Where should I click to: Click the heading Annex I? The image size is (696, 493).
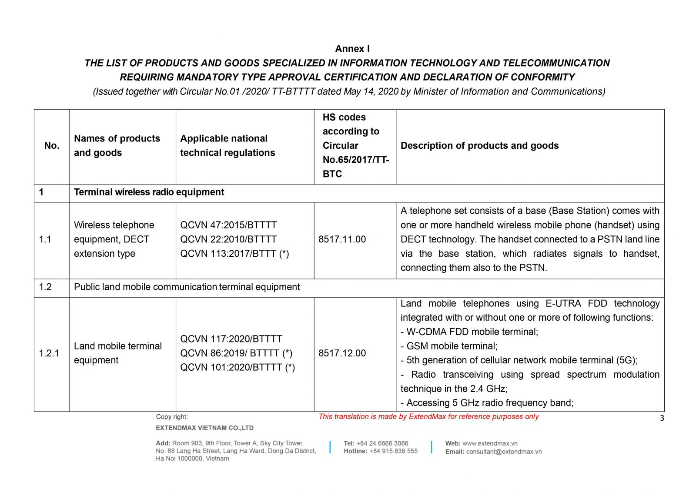[x=352, y=49]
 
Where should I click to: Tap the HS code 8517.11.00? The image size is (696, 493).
[x=342, y=239]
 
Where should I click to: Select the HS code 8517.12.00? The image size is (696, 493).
[x=342, y=353]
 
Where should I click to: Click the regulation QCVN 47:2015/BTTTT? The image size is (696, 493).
[x=228, y=225]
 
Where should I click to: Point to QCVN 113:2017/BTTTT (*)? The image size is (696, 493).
[x=234, y=254]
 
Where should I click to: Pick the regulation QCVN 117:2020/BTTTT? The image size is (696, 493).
[x=231, y=339]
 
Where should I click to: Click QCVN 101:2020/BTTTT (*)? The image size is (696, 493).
[x=238, y=367]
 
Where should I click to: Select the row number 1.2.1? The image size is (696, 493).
[x=49, y=353]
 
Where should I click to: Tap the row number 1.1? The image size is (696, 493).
[x=45, y=239]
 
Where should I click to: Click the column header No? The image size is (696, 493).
[x=52, y=146]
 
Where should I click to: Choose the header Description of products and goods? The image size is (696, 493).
[x=479, y=146]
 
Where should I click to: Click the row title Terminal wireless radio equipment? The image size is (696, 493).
[x=149, y=192]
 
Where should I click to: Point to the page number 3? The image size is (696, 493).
[x=662, y=418]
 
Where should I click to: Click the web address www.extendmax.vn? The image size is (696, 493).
[x=490, y=443]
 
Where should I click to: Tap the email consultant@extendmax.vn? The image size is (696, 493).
[x=504, y=452]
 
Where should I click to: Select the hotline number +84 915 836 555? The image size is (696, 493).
[x=393, y=451]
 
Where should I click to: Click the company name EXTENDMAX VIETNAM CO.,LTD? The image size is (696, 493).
[x=204, y=428]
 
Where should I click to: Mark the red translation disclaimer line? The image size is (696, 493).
[x=428, y=416]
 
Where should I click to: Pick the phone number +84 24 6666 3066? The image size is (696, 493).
[x=382, y=443]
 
